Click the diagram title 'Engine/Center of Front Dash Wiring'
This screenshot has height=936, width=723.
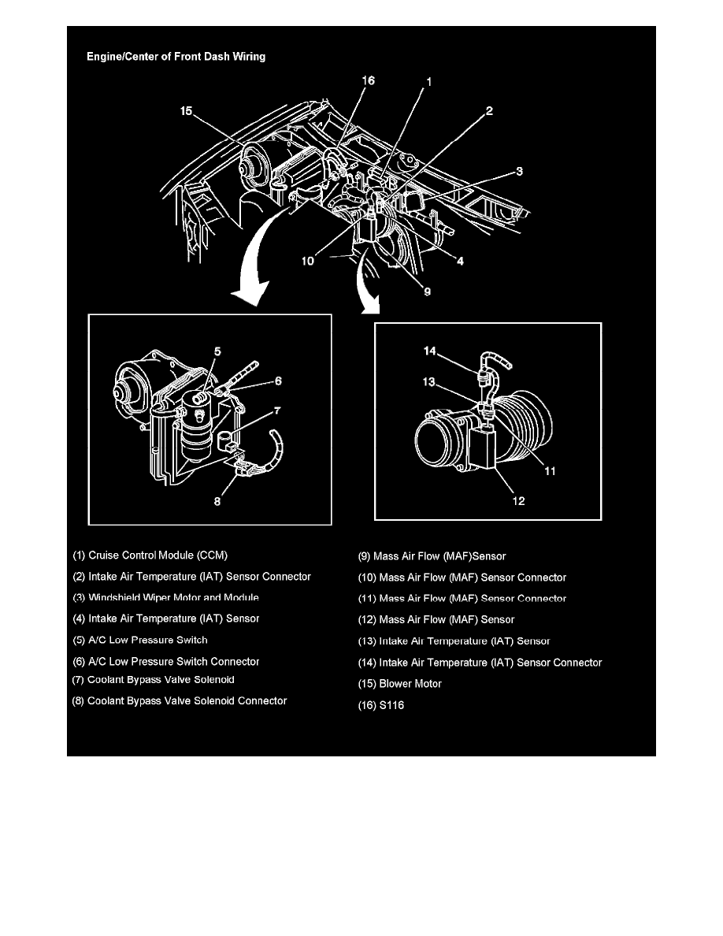176,57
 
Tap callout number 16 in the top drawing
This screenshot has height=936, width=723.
368,80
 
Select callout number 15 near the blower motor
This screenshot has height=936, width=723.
186,111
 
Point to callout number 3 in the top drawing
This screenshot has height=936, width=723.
519,171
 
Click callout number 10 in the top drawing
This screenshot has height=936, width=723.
307,261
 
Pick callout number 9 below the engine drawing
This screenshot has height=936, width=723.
427,292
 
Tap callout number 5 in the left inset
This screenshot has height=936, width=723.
217,351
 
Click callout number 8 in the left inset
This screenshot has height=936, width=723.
217,501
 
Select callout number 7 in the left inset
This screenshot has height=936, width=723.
277,410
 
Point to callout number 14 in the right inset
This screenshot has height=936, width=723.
429,351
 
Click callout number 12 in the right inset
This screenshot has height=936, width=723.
518,501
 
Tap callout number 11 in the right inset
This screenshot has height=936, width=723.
550,471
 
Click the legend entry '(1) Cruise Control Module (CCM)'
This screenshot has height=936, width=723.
150,555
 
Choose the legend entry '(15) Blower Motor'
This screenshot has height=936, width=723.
399,684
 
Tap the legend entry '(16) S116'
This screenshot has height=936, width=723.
380,705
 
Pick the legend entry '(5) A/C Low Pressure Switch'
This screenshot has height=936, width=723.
140,640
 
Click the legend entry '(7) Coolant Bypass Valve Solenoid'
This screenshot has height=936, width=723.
154,679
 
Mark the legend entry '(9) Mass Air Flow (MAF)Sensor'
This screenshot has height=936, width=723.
432,556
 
